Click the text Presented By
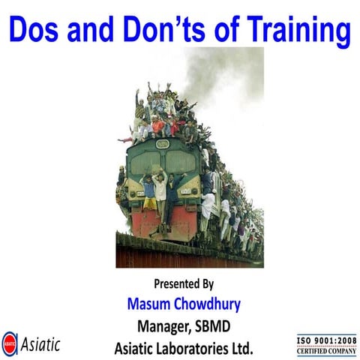click(184, 284)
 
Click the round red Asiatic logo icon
click(10, 344)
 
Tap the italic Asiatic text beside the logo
click(40, 344)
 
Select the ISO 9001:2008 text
click(328, 340)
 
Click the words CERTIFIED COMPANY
click(328, 350)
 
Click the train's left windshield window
click(144, 160)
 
